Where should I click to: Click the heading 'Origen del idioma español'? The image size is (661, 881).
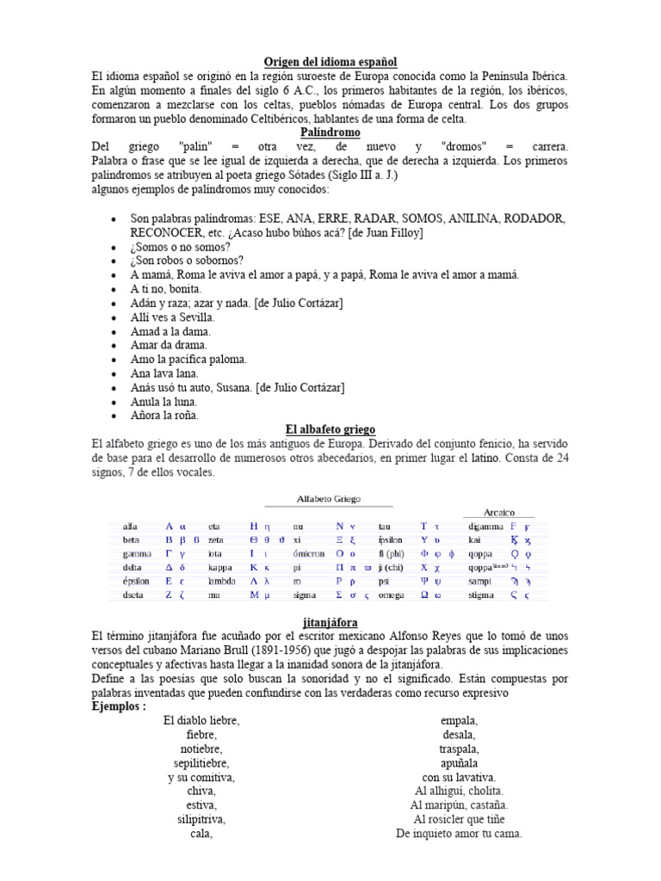click(330, 62)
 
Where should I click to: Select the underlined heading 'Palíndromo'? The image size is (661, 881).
click(330, 133)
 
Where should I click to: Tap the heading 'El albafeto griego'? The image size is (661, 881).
click(330, 429)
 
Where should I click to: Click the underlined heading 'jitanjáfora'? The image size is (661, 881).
click(330, 622)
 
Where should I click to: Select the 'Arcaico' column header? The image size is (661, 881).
click(487, 511)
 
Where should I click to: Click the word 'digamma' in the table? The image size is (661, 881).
click(485, 526)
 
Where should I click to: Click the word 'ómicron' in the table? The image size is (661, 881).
click(308, 553)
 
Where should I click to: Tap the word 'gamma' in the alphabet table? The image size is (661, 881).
click(137, 553)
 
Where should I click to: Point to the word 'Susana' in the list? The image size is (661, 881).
click(230, 388)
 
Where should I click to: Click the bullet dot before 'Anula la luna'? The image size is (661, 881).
click(114, 403)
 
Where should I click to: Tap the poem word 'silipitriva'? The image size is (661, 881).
click(201, 820)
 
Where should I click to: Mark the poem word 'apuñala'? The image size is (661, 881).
click(459, 763)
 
